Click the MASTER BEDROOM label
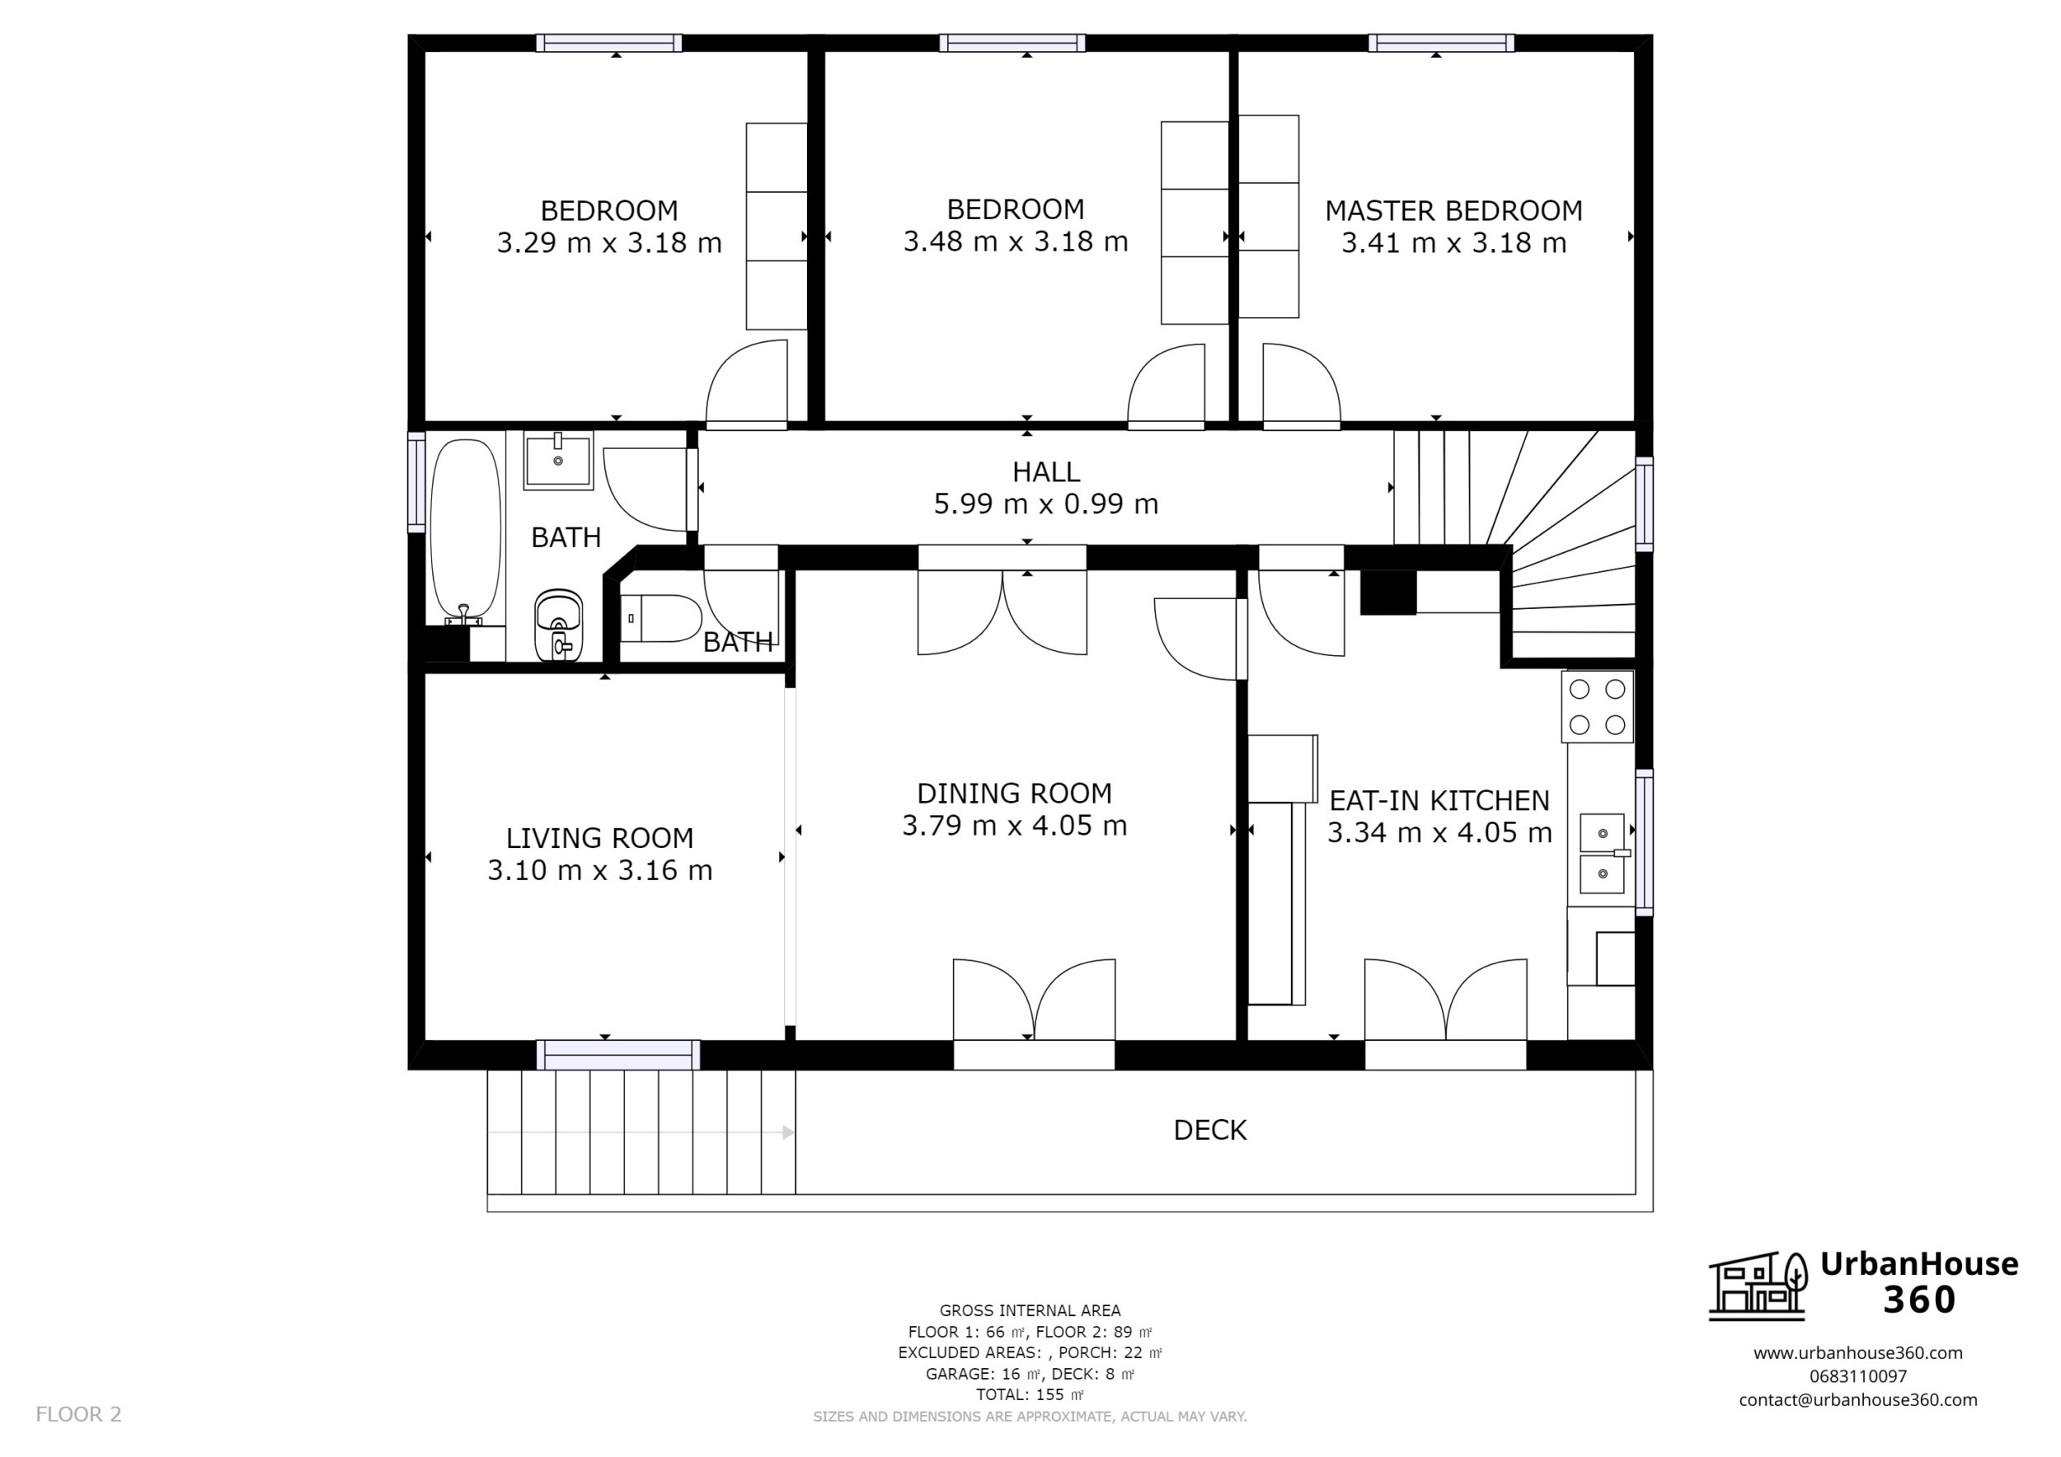click(1453, 211)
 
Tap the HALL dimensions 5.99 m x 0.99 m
click(1046, 504)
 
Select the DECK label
click(1210, 1131)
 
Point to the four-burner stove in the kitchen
click(1597, 707)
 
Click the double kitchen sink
click(1603, 854)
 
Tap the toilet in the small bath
click(660, 618)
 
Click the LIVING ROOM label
click(599, 838)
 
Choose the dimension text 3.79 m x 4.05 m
click(1014, 826)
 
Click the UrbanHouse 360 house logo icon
click(1758, 1286)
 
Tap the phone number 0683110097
click(1858, 1375)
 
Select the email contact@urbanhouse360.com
click(1858, 1399)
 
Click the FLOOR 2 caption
click(78, 1415)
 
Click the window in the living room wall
click(618, 1055)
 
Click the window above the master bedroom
click(1442, 43)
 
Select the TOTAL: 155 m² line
click(1030, 1395)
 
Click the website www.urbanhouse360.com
click(1858, 1353)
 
